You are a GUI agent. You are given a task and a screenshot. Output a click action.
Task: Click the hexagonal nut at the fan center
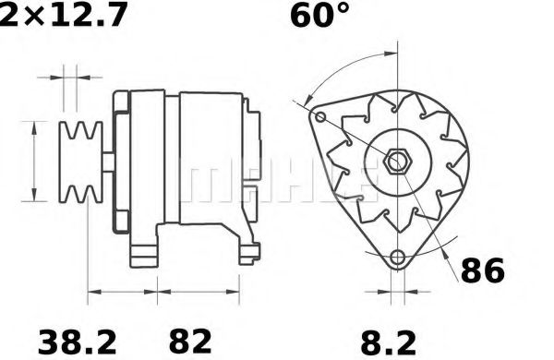click(x=398, y=161)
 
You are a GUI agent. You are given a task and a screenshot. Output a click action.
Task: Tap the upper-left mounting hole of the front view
click(x=320, y=118)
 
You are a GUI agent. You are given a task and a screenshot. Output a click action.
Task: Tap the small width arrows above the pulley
click(x=71, y=75)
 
